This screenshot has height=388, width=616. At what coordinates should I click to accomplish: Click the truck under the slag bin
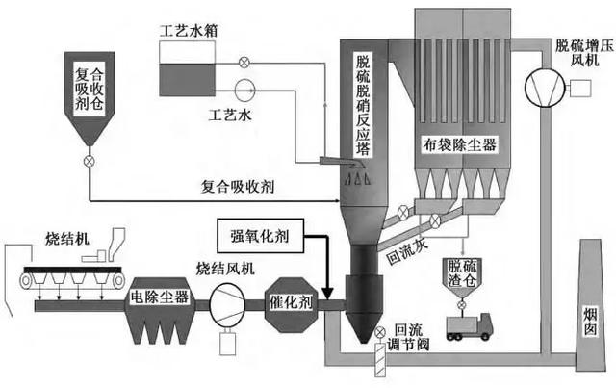[x=472, y=324]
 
